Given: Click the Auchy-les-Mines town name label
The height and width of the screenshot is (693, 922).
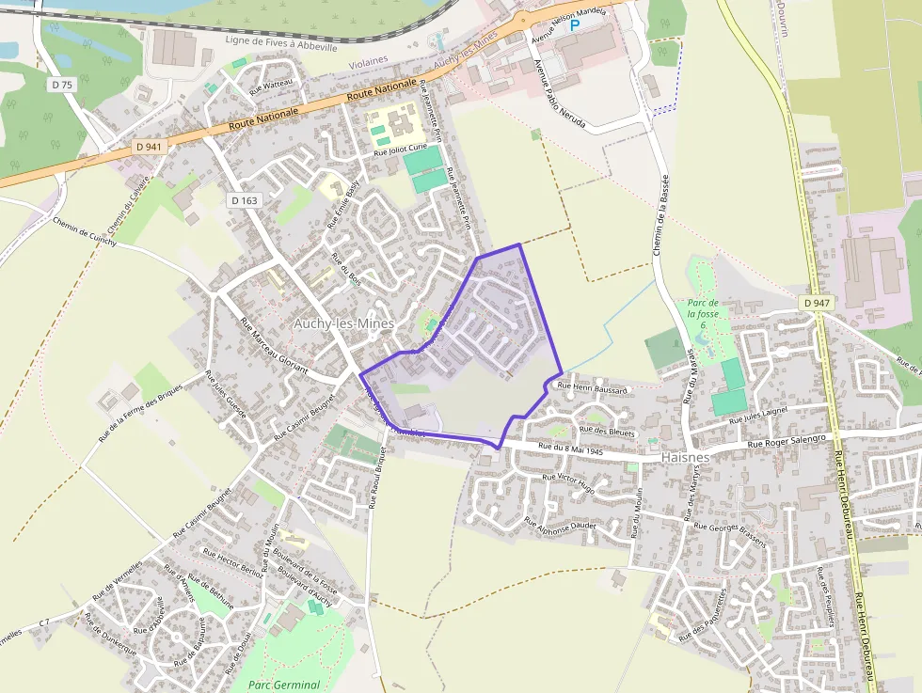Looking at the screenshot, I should [x=343, y=323].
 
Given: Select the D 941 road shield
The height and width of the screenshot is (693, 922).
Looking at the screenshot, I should [x=149, y=147].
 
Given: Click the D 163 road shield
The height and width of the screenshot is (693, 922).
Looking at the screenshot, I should [x=243, y=200].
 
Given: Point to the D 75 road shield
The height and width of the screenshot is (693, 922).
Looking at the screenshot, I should [x=62, y=85].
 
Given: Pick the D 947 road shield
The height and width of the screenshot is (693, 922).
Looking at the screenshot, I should [x=818, y=303].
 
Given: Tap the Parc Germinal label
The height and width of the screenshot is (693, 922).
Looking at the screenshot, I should [x=284, y=685].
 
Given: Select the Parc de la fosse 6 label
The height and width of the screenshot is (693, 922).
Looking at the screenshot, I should [x=703, y=313].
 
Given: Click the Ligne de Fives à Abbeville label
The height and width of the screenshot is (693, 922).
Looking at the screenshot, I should [x=281, y=43].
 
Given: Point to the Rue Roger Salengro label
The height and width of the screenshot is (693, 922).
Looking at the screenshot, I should [x=787, y=440].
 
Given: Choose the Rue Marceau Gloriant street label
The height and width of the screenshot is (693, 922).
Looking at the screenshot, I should [x=274, y=347].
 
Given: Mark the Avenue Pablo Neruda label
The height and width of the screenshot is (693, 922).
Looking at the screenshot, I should [x=559, y=93].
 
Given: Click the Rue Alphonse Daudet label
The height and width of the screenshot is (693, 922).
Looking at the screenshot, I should [x=561, y=531].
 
